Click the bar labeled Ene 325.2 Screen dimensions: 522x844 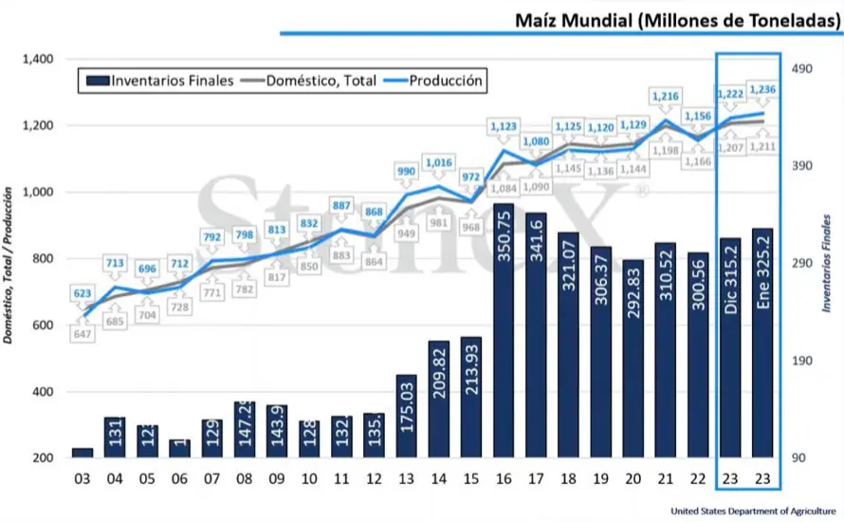[x=762, y=343]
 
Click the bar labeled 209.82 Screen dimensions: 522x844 [x=438, y=399]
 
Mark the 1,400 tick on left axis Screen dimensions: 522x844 [x=37, y=59]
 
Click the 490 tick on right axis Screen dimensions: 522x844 [x=804, y=69]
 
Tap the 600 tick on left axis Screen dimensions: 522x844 [x=41, y=326]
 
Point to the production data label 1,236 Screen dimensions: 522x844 [x=763, y=89]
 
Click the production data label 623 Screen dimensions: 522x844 [x=83, y=294]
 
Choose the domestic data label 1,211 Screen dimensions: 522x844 [x=764, y=148]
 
